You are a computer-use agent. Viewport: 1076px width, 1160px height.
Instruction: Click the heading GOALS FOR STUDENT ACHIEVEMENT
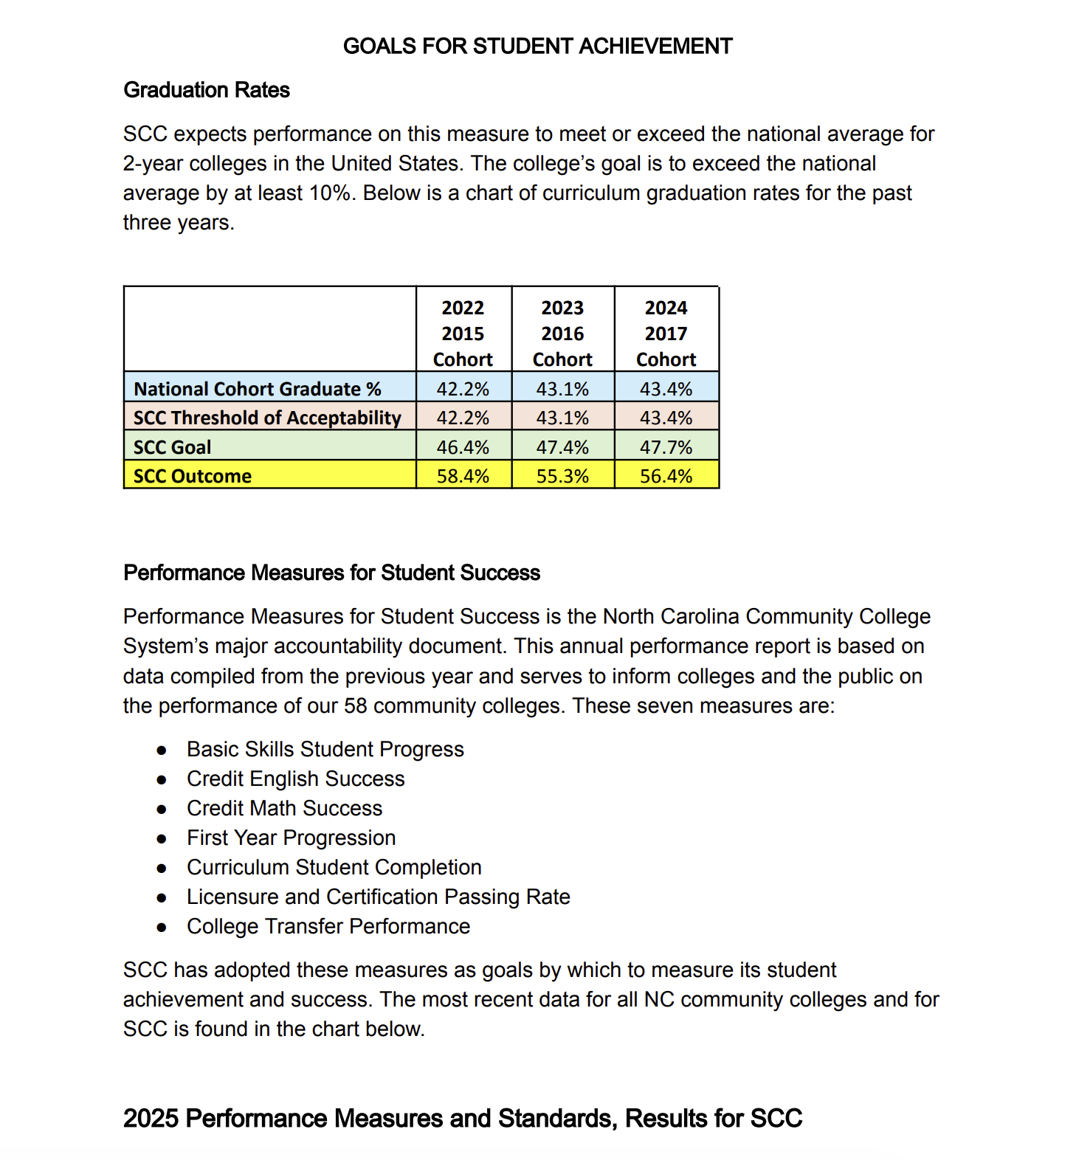537,46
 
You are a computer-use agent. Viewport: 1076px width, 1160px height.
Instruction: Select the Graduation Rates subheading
207,90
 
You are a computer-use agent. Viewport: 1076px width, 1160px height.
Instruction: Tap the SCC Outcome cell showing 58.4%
463,476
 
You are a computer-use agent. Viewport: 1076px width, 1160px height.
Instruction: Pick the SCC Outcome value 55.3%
562,476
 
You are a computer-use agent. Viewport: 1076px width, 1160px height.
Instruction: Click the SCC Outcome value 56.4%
666,476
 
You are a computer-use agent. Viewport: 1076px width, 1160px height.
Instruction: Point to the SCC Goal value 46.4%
463,447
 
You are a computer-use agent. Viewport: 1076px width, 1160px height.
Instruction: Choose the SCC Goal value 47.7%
666,447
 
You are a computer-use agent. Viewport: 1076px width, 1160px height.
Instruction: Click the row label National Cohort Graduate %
258,389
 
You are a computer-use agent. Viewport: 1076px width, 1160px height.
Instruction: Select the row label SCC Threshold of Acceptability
267,418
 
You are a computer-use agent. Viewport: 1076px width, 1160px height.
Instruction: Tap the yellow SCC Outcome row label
193,476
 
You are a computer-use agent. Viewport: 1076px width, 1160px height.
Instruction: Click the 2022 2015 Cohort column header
463,334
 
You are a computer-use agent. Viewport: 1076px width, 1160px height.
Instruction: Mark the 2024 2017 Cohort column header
666,334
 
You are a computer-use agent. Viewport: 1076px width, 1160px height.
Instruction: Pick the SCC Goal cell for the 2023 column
562,447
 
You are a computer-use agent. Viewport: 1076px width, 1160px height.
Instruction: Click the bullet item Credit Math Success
284,808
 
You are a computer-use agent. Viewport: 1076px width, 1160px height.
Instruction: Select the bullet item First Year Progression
291,838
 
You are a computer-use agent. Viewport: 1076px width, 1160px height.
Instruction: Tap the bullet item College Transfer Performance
328,926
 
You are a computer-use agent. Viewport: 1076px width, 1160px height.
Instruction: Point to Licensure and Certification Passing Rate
378,897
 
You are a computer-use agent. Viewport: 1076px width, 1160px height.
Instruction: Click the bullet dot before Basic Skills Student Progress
162,750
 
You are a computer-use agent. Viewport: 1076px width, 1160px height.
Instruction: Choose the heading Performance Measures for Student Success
331,573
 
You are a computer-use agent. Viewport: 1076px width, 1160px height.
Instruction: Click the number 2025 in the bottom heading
151,1118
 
